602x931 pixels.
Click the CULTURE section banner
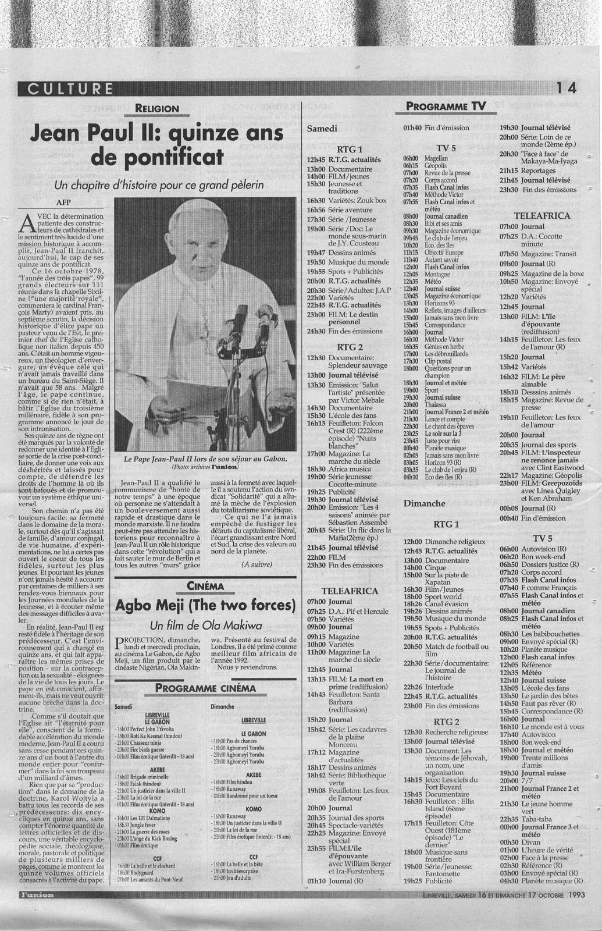tap(66, 88)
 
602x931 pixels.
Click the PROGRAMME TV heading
tap(446, 106)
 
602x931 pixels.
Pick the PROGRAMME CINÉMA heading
tap(205, 688)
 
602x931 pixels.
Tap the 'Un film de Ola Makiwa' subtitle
tap(205, 626)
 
